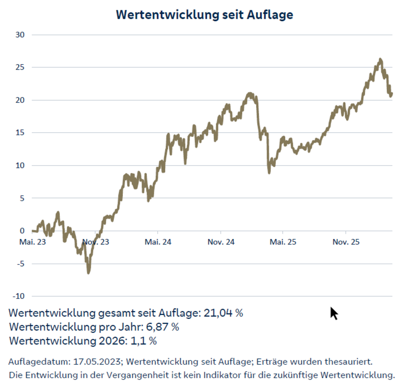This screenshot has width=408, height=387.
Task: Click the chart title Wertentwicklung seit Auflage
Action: click(204, 15)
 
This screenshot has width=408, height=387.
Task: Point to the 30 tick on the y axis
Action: click(20, 35)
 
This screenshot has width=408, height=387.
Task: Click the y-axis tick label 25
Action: click(20, 67)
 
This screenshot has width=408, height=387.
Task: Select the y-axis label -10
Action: click(19, 296)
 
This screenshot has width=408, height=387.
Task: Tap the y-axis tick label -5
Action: click(20, 264)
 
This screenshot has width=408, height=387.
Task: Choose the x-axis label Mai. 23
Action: click(33, 242)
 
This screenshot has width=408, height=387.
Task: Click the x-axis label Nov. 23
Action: click(96, 242)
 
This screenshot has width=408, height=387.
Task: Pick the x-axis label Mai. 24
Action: click(158, 242)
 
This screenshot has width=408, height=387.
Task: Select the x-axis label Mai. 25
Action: click(283, 242)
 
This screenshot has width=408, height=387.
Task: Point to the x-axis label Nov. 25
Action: click(346, 242)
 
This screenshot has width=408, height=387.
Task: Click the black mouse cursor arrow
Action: click(334, 313)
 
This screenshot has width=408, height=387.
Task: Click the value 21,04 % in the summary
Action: click(223, 313)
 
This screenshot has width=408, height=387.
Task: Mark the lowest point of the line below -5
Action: click(89, 272)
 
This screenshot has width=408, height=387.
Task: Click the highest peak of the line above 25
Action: click(380, 59)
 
